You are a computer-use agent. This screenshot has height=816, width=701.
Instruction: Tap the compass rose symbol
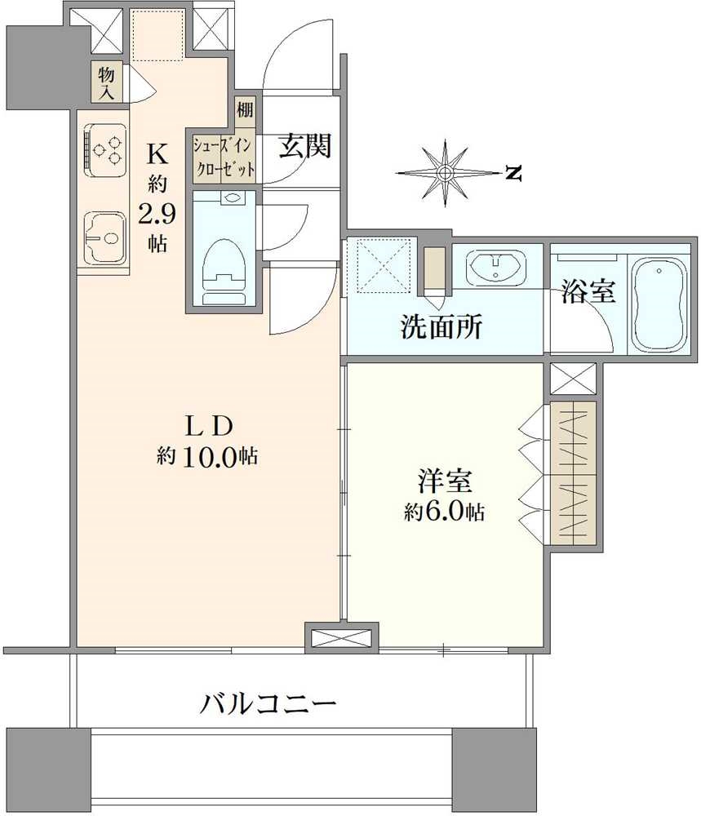(445, 173)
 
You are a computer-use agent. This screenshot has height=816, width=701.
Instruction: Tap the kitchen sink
(104, 238)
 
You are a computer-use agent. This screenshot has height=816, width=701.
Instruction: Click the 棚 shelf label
(245, 110)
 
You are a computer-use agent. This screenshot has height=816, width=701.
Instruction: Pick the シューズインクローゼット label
(224, 157)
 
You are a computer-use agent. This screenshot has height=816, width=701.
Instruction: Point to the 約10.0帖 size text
(207, 457)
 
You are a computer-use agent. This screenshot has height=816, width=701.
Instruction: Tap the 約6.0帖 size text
(444, 512)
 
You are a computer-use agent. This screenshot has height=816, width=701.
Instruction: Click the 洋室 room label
(445, 483)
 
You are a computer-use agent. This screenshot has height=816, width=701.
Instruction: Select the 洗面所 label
(441, 326)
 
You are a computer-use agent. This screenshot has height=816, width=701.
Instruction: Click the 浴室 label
(588, 293)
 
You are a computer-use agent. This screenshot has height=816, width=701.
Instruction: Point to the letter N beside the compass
(512, 173)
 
